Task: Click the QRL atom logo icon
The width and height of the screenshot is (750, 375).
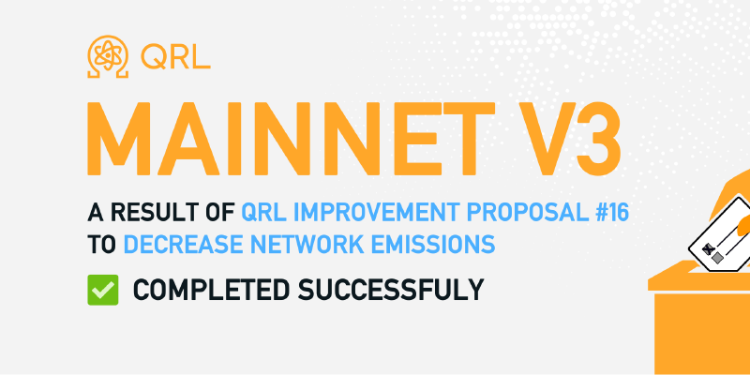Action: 108,56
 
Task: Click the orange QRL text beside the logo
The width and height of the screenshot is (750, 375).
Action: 175,57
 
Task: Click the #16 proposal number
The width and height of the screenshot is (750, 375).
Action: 611,213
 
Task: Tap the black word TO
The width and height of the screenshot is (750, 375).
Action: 102,245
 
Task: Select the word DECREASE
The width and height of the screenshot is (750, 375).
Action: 183,245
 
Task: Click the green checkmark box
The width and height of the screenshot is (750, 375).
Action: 103,290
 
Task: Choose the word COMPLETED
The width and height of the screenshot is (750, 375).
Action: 211,290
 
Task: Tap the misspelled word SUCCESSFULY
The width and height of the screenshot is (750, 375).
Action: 391,290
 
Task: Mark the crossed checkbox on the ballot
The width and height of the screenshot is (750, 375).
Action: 708,249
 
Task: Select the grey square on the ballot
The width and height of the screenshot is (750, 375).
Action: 717,259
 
